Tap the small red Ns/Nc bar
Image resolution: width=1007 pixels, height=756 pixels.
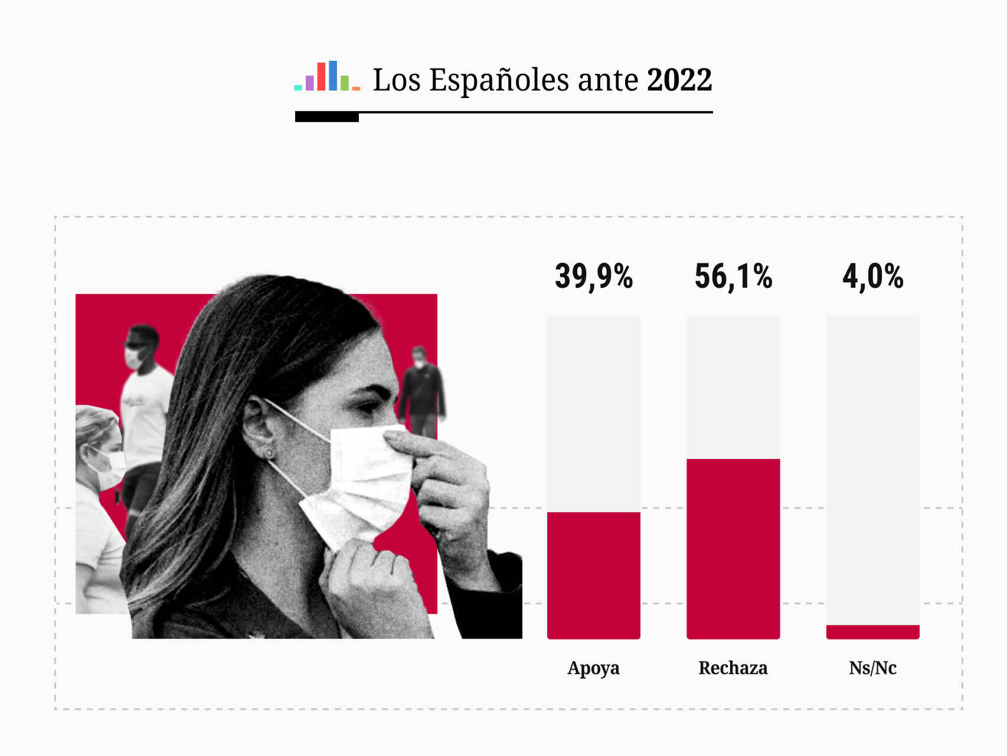coord(872,632)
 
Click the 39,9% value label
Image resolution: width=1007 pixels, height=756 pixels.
coord(594,276)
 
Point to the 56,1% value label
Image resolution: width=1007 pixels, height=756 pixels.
coord(733,276)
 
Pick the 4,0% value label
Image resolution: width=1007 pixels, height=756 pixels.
coord(872,276)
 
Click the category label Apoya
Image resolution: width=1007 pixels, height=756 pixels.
coord(593,668)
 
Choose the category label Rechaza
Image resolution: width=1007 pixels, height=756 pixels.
coord(733,668)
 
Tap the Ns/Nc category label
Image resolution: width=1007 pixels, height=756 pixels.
coord(872,668)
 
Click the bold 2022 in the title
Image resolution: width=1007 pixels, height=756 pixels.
coord(679,80)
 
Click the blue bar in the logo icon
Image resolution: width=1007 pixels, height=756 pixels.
coord(333,76)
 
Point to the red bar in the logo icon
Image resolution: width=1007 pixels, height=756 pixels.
coord(321,77)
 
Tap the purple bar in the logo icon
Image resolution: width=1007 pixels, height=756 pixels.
coord(309,83)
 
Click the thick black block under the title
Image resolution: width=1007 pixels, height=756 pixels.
coord(327,117)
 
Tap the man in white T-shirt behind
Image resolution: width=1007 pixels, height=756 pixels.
coord(145,402)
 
